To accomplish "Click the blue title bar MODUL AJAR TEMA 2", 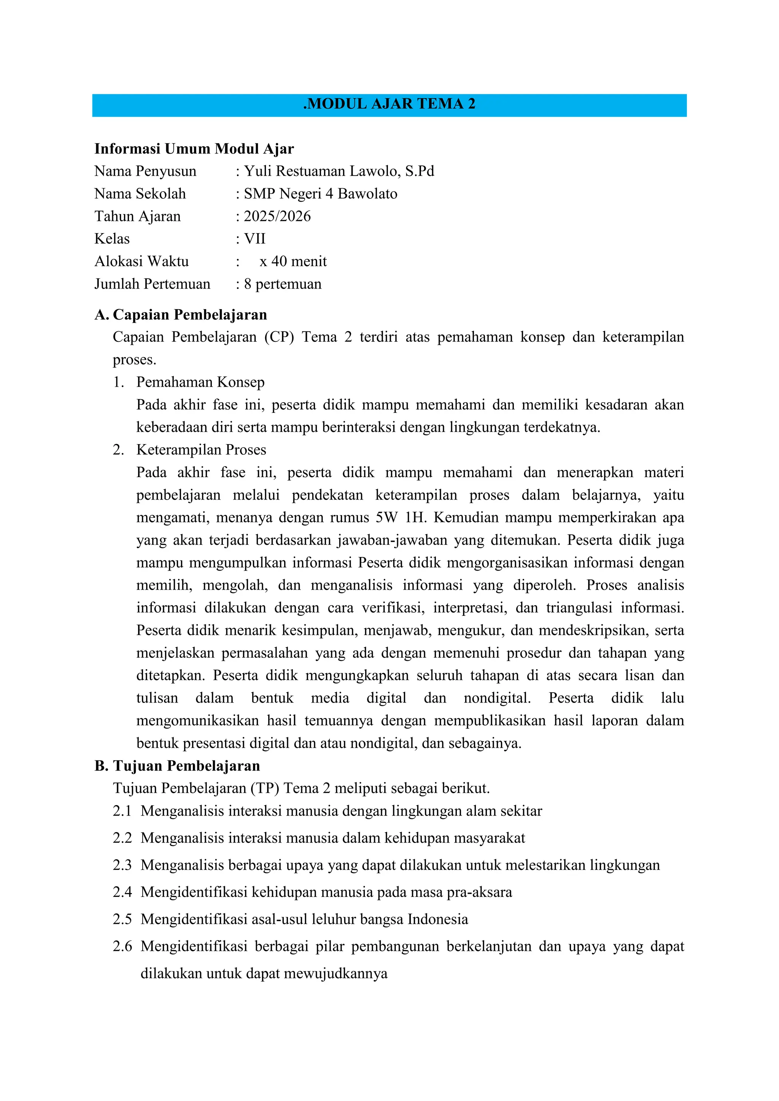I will [389, 105].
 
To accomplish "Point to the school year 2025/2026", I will [277, 216].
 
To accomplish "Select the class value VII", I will [255, 239].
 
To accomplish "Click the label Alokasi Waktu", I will [141, 261].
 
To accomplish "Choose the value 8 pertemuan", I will [283, 284].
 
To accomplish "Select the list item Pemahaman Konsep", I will [200, 382].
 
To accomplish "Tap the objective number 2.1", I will [122, 811].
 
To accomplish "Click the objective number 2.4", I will [122, 892].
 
